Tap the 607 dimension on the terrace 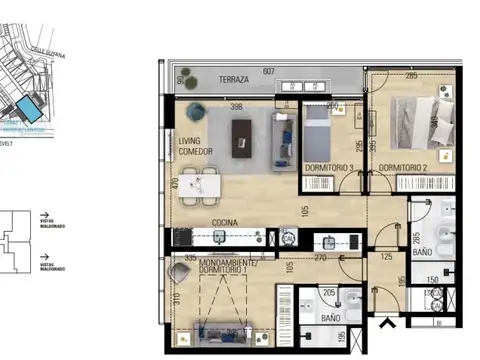pyautogui.click(x=268, y=71)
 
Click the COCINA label pyautogui.click(x=223, y=223)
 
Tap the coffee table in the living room pyautogui.click(x=242, y=138)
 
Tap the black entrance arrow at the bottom pyautogui.click(x=387, y=321)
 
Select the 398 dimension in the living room pyautogui.click(x=236, y=106)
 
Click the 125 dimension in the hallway pyautogui.click(x=387, y=257)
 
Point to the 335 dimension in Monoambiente pyautogui.click(x=189, y=257)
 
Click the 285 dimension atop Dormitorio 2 pyautogui.click(x=411, y=75)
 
